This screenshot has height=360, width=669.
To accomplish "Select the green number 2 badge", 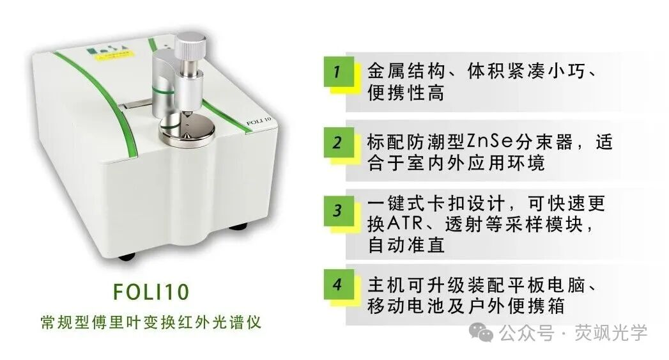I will click(337, 142).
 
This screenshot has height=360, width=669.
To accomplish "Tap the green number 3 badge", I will click(337, 210).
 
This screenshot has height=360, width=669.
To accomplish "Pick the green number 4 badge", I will click(337, 285).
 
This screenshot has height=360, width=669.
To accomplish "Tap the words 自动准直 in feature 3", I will click(406, 245).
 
